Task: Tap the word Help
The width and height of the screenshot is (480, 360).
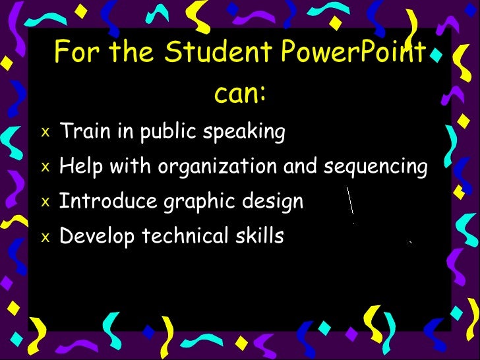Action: point(81,167)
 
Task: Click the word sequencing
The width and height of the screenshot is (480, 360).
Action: point(375,167)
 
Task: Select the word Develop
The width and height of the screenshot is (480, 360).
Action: point(93,236)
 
